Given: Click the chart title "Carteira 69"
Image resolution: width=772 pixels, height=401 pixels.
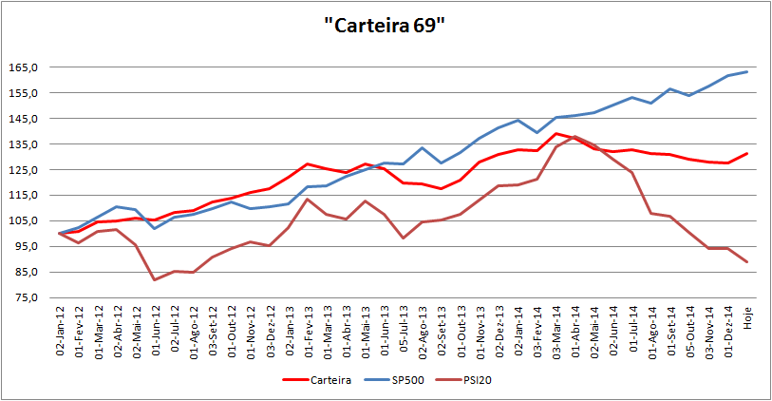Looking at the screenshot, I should pyautogui.click(x=385, y=26).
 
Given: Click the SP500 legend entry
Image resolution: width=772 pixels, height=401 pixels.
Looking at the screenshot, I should pyautogui.click(x=405, y=381).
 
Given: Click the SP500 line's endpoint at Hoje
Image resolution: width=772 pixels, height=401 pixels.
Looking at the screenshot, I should pyautogui.click(x=746, y=71).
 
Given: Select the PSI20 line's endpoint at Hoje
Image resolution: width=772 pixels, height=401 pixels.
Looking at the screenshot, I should pyautogui.click(x=746, y=262).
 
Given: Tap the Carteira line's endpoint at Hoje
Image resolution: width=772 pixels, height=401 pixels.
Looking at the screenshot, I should pyautogui.click(x=746, y=153).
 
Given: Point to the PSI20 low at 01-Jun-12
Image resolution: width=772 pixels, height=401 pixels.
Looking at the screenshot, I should pyautogui.click(x=155, y=279).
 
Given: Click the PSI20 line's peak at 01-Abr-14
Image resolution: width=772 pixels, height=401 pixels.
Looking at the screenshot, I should pyautogui.click(x=575, y=137).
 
